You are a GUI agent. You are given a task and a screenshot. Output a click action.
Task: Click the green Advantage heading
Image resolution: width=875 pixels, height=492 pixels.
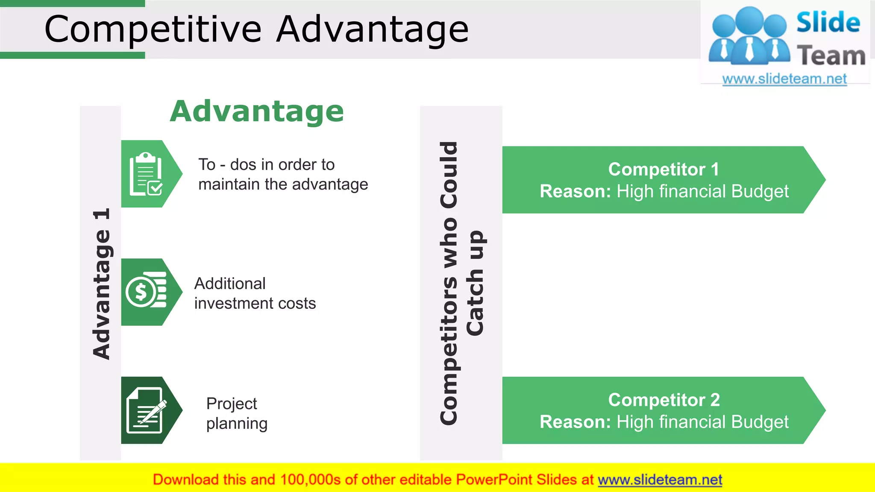(x=257, y=111)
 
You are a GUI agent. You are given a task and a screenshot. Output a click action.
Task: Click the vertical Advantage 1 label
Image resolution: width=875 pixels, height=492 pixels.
(x=101, y=284)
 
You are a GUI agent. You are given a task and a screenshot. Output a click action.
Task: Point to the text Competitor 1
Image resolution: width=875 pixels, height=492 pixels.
(x=664, y=170)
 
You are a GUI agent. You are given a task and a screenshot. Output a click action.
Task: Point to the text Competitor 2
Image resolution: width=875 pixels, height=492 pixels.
(x=664, y=400)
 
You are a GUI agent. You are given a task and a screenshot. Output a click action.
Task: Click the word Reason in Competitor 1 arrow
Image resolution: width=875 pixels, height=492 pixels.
(x=575, y=191)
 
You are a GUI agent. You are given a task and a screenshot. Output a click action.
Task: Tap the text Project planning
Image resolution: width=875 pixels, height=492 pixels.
(x=236, y=413)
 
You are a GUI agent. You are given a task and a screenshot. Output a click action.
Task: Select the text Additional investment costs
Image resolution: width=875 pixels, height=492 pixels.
(x=255, y=293)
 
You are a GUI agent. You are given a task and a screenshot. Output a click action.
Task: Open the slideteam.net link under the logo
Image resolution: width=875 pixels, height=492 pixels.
(x=784, y=79)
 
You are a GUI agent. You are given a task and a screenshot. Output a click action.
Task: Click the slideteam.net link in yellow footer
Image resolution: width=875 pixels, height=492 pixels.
(x=660, y=480)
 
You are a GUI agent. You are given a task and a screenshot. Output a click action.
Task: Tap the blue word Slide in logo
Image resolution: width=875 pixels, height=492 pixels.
(x=828, y=22)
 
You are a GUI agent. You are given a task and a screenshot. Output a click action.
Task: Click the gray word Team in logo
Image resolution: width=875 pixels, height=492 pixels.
(x=831, y=56)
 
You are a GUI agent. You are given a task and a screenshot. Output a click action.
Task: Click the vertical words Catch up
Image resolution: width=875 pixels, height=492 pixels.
(x=475, y=283)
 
